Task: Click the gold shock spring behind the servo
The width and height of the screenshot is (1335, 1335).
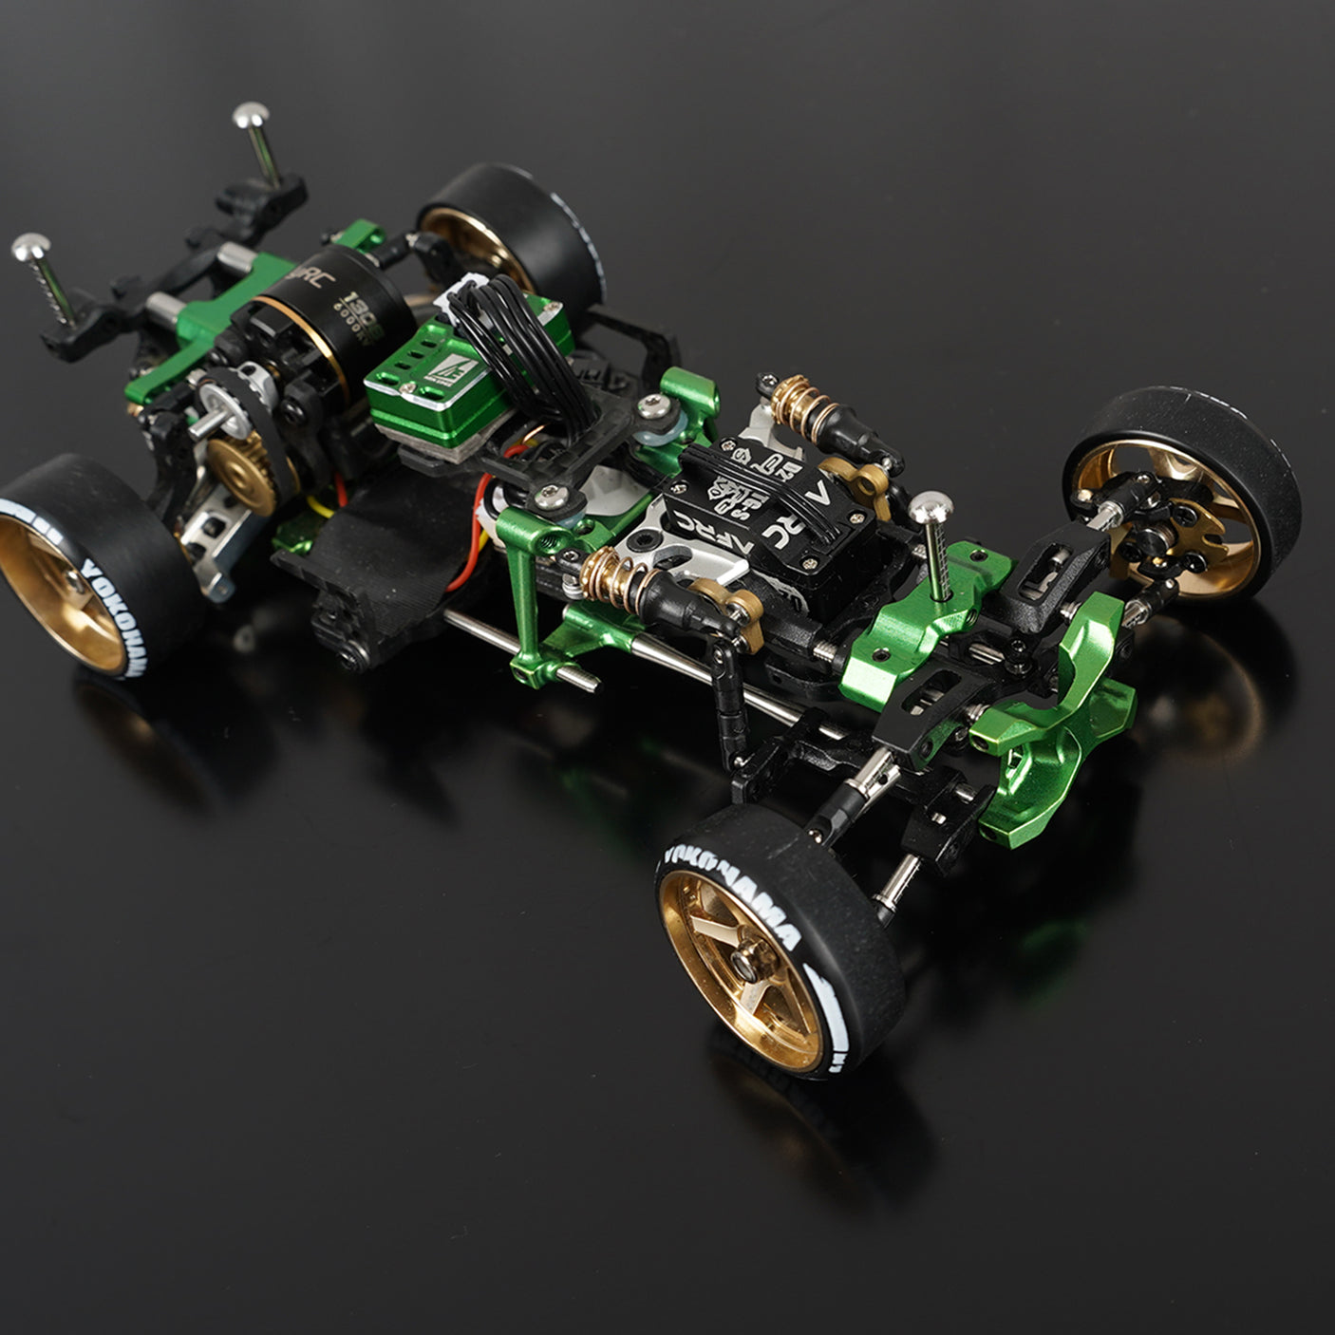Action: pos(796,399)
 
